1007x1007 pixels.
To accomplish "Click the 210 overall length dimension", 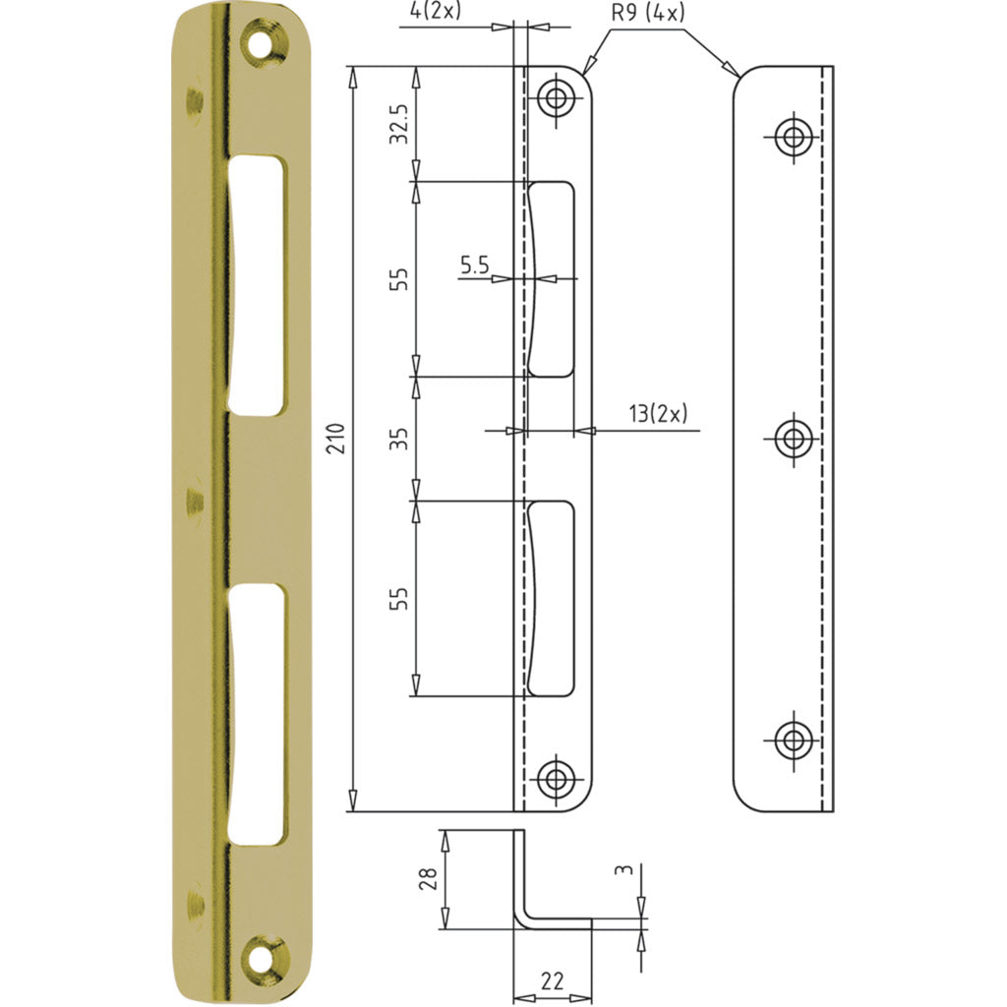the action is (336, 439).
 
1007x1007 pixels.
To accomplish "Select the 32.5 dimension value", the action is (399, 123).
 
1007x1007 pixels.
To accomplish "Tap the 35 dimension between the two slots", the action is (399, 439).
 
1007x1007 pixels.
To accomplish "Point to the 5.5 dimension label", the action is (475, 265).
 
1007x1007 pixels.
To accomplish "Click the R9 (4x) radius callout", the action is (648, 12).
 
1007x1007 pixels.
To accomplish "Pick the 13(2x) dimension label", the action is (658, 414).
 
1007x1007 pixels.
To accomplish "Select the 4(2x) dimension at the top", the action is (436, 11).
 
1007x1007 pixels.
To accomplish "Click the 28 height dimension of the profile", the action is (429, 878).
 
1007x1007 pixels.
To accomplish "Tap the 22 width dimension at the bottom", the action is (553, 980).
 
